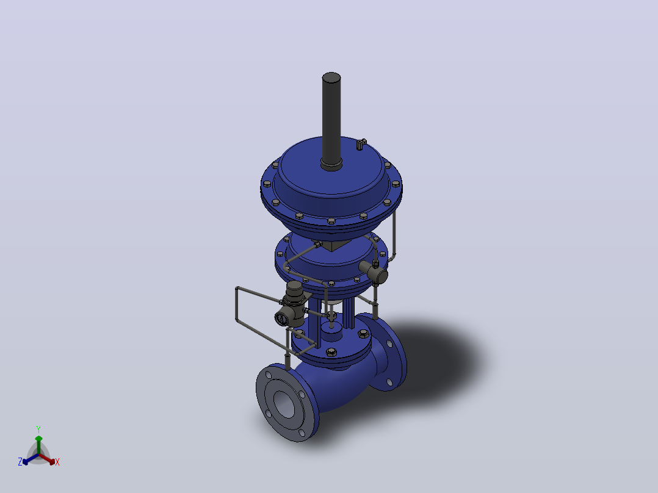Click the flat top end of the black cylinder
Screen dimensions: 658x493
[x=331, y=77]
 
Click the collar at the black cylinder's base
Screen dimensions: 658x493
[x=331, y=164]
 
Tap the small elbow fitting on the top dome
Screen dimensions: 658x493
[x=361, y=144]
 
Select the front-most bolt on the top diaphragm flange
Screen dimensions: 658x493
[x=331, y=221]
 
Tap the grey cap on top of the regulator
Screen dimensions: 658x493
[x=294, y=287]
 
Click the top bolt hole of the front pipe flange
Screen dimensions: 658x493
[x=269, y=375]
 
